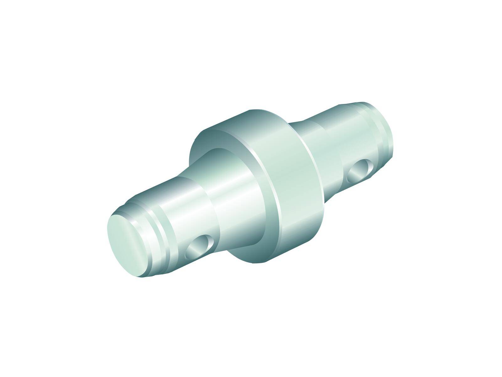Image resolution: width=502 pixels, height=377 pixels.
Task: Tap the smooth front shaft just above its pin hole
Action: [188, 217]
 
